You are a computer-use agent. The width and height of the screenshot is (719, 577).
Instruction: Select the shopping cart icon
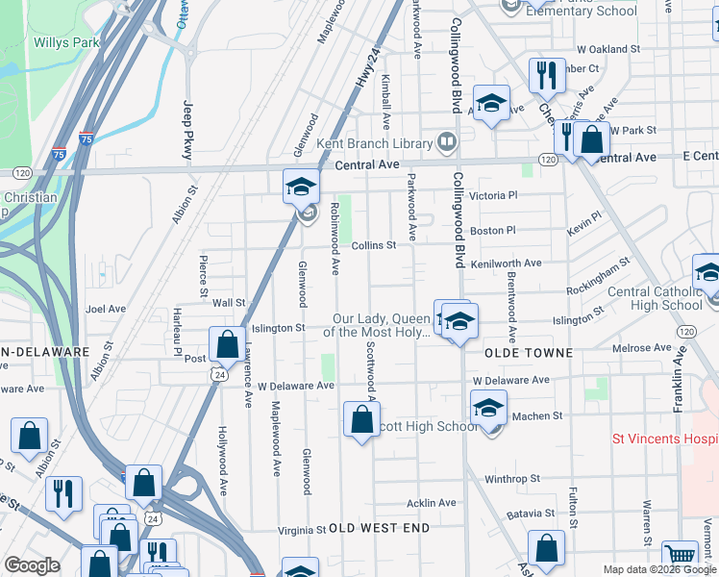click(x=680, y=555)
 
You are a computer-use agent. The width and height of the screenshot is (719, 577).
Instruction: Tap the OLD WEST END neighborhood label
click(x=378, y=529)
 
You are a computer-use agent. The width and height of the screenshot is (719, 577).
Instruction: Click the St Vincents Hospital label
click(x=665, y=439)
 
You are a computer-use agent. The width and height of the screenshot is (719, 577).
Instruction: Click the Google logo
click(x=32, y=565)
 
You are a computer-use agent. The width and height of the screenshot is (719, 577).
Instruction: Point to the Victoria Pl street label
click(x=493, y=195)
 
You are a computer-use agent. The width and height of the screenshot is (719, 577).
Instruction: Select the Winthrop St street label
click(x=512, y=478)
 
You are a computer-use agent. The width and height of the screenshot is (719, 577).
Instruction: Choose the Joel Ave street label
click(x=106, y=310)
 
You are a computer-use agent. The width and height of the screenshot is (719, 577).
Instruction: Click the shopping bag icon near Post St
click(x=227, y=343)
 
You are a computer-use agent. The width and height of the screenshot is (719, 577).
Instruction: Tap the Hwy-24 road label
click(x=369, y=68)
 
